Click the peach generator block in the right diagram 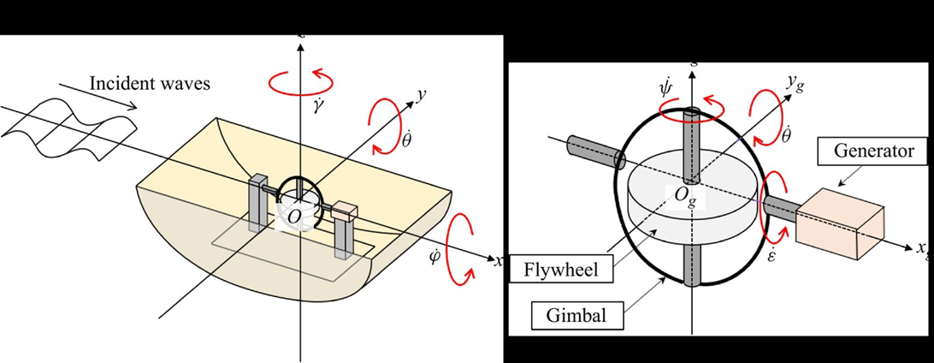pos(836,223)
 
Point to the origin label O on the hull pos(293,218)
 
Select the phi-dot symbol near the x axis pos(434,255)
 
